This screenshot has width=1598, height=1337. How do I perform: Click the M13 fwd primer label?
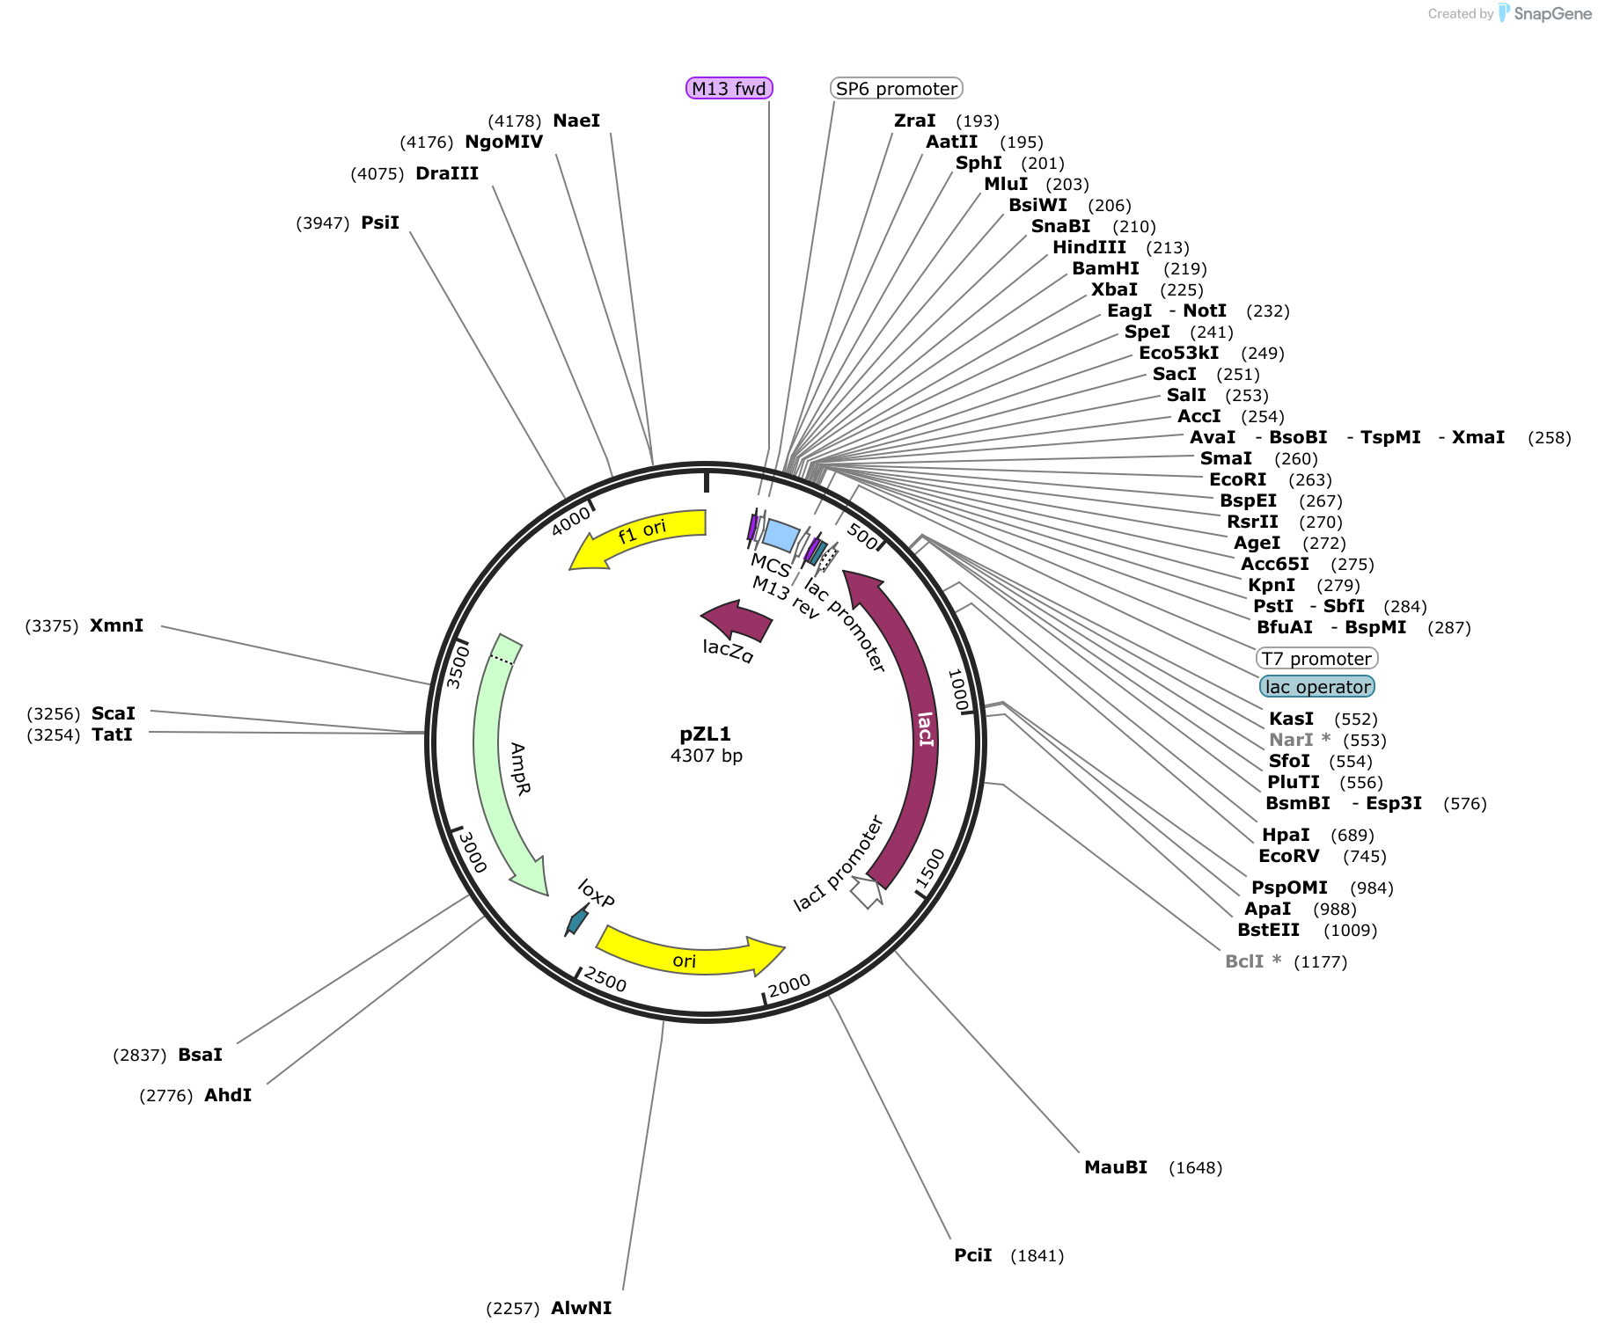pyautogui.click(x=729, y=88)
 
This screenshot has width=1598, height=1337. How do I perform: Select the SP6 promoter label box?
pyautogui.click(x=896, y=88)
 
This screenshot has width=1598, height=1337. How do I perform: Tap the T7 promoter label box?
pyautogui.click(x=1316, y=658)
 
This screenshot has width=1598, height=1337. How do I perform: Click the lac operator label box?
pyautogui.click(x=1317, y=686)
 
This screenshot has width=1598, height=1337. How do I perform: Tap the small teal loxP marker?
pyautogui.click(x=577, y=920)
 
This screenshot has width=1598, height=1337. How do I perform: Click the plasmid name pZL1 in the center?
pyautogui.click(x=706, y=734)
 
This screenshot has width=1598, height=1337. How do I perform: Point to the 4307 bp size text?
pyautogui.click(x=707, y=756)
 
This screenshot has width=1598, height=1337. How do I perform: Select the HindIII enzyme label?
pyautogui.click(x=1089, y=247)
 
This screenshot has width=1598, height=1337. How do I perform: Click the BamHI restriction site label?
pyautogui.click(x=1105, y=268)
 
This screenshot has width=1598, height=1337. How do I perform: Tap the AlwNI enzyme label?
pyautogui.click(x=581, y=1308)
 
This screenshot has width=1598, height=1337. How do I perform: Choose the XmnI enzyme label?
pyautogui.click(x=116, y=625)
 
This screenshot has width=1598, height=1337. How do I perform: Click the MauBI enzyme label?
pyautogui.click(x=1116, y=1167)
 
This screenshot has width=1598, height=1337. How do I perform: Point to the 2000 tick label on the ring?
pyautogui.click(x=788, y=987)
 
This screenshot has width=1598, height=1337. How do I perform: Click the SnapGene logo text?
pyautogui.click(x=1553, y=13)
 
